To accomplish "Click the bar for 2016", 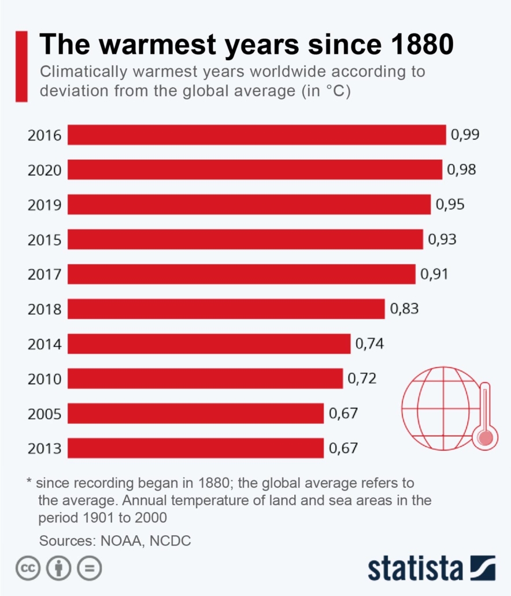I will tap(257, 135).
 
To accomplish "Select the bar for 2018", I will tap(226, 309).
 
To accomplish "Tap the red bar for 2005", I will tap(195, 413).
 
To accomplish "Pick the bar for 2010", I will tap(205, 378).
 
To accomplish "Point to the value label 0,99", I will tap(465, 135).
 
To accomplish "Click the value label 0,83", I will tap(404, 309).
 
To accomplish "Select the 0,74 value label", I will tap(369, 344).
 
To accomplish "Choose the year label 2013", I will tap(45, 448).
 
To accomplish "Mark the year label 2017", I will tap(45, 274).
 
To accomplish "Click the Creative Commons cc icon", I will tap(28, 569).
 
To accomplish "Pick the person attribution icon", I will tap(58, 569).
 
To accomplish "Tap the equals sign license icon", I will tap(88, 569).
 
